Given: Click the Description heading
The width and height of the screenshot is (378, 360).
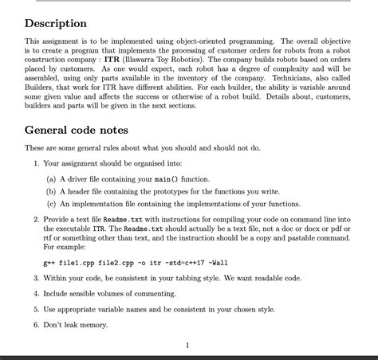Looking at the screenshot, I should pos(56,24).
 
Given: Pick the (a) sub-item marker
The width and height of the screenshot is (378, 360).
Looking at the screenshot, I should pos(52,180).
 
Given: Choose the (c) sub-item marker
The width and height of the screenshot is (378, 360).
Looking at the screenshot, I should pos(52,203).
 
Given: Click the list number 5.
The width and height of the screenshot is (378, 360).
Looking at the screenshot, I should pos(36,309).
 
